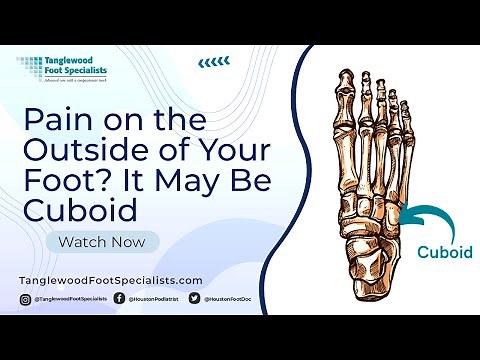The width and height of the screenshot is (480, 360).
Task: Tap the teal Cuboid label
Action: [x=445, y=253]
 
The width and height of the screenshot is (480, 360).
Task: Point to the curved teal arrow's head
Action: [x=398, y=213]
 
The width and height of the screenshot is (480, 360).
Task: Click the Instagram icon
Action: [x=25, y=299]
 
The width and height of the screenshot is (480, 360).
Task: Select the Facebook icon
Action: [x=120, y=299]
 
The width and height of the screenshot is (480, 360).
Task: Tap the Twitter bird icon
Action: [x=194, y=299]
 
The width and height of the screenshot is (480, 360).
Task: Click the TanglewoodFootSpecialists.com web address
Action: [x=111, y=281]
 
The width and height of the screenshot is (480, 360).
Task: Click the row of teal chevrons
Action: [x=212, y=63]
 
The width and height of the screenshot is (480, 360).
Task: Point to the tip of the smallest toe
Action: [x=414, y=104]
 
